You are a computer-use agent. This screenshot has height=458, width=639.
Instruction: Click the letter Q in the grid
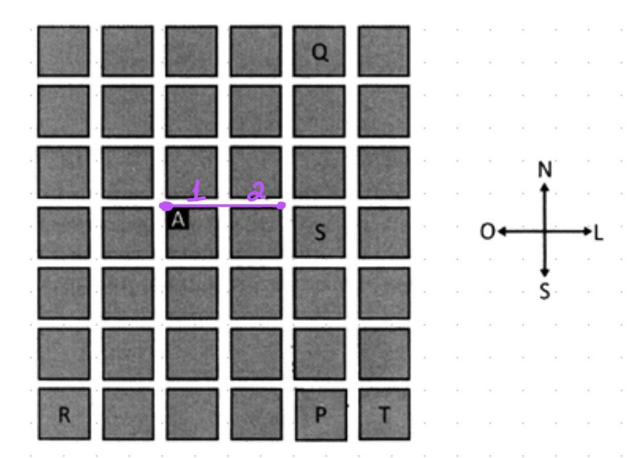tap(320, 52)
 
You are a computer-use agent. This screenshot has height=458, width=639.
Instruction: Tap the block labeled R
tap(64, 414)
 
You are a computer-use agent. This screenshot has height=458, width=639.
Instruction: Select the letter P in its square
tap(321, 414)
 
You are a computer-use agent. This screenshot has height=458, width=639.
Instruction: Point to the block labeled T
tap(384, 414)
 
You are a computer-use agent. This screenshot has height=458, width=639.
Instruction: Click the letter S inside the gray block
tap(320, 232)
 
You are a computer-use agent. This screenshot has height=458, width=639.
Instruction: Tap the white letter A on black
tap(178, 220)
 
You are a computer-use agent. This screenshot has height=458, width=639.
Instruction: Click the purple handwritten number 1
tap(197, 191)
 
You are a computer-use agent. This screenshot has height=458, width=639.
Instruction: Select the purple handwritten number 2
tap(256, 192)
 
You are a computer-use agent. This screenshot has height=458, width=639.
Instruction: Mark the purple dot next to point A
tap(166, 206)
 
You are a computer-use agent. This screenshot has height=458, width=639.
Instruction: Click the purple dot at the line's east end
tap(281, 205)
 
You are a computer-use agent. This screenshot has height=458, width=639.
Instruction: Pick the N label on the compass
tap(545, 169)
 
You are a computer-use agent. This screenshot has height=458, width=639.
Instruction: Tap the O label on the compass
tap(487, 232)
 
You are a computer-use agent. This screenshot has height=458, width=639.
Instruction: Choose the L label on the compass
tap(598, 233)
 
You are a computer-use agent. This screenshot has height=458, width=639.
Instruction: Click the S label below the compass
tap(545, 291)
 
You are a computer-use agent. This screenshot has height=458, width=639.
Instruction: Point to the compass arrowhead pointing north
tap(545, 187)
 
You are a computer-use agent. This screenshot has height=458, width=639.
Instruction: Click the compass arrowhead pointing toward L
tap(587, 231)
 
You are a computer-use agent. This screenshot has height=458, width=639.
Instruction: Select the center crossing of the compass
tap(545, 231)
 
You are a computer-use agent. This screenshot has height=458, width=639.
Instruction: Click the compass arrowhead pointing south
tap(545, 273)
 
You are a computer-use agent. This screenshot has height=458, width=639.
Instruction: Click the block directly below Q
tap(319, 111)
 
